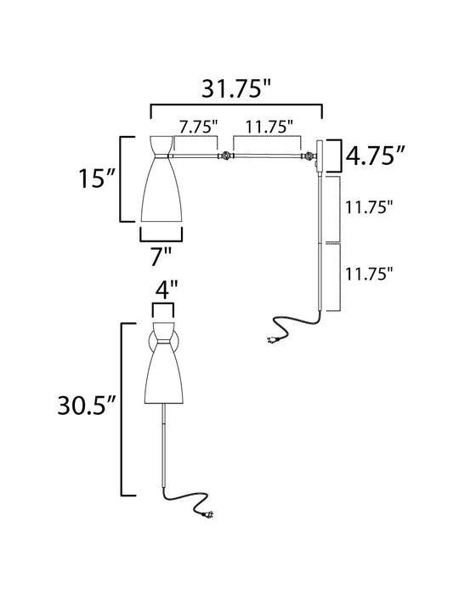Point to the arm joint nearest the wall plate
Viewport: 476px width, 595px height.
pos(309,156)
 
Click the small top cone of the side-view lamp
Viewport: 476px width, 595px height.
pos(161,145)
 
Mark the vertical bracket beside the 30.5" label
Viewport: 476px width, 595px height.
pos(125,408)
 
